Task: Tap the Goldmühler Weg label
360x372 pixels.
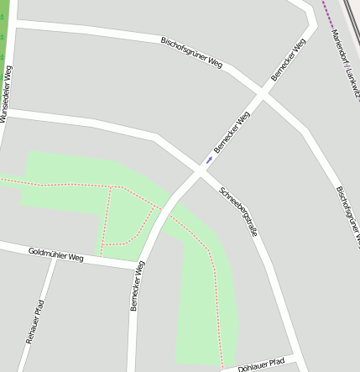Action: pyautogui.click(x=56, y=253)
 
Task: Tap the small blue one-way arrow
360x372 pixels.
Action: pyautogui.click(x=209, y=159)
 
